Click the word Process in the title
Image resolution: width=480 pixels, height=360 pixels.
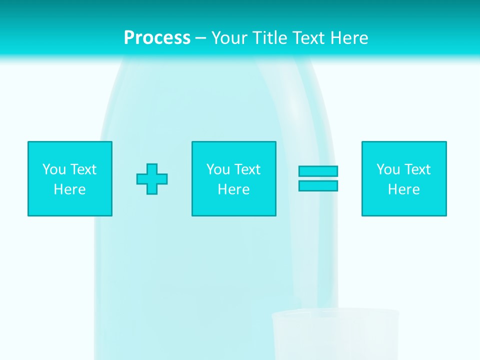tap(157, 38)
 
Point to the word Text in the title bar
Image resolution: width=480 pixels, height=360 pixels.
tap(308, 38)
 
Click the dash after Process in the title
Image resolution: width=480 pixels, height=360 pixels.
tap(200, 38)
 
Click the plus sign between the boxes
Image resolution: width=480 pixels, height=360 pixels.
tap(152, 179)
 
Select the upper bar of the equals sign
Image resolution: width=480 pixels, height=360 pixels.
tap(318, 171)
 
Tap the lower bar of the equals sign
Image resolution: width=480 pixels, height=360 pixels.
tap(318, 185)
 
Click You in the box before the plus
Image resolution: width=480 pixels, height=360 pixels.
tap(54, 169)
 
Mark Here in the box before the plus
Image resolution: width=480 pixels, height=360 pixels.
tap(69, 189)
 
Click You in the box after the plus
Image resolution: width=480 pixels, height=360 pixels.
tap(218, 169)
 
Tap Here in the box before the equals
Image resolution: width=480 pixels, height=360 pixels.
tap(233, 189)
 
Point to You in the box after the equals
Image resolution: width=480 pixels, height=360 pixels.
tap(388, 169)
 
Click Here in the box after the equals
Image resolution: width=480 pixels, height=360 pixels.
tap(403, 189)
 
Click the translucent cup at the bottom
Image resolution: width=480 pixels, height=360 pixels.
tap(335, 335)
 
